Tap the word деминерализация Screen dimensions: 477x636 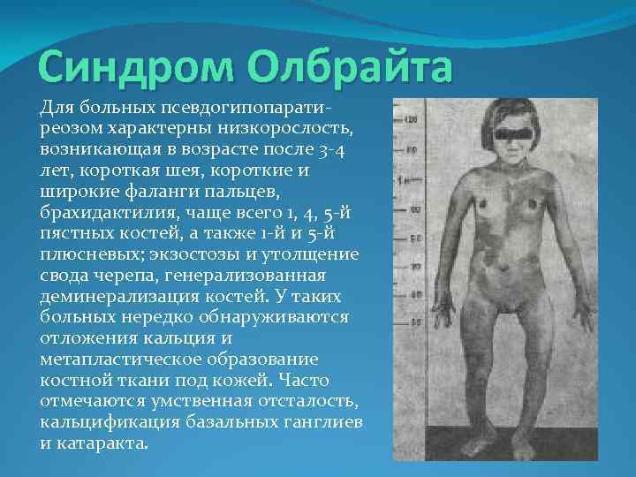(x=110, y=296)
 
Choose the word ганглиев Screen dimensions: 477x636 (x=322, y=420)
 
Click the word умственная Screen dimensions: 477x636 (x=181, y=400)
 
